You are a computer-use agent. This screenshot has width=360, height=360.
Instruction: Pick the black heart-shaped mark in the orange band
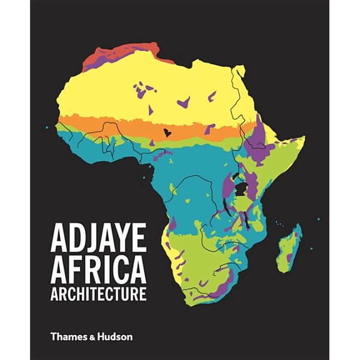(x=167, y=132)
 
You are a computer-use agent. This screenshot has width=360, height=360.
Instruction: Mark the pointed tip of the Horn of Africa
(x=304, y=138)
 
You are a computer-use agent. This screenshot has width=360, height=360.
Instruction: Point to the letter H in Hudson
(x=102, y=336)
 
